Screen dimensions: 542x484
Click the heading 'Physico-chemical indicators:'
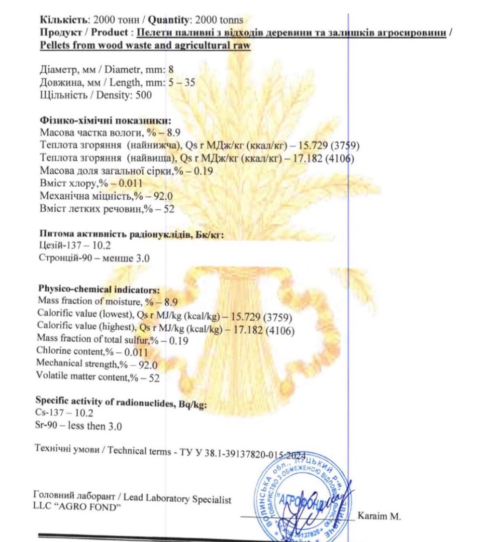pyautogui.click(x=99, y=290)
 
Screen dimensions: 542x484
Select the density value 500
pyautogui.click(x=143, y=95)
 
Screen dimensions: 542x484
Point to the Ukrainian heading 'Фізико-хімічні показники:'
pyautogui.click(x=105, y=120)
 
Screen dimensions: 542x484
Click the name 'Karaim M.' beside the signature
pyautogui.click(x=379, y=517)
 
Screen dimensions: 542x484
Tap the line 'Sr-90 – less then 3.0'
pyautogui.click(x=79, y=427)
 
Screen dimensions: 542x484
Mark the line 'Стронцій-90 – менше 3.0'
pyautogui.click(x=94, y=258)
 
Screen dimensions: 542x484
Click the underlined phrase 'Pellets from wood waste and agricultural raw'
pyautogui.click(x=145, y=46)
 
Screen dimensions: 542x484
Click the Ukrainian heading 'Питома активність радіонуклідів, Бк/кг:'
pyautogui.click(x=131, y=234)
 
